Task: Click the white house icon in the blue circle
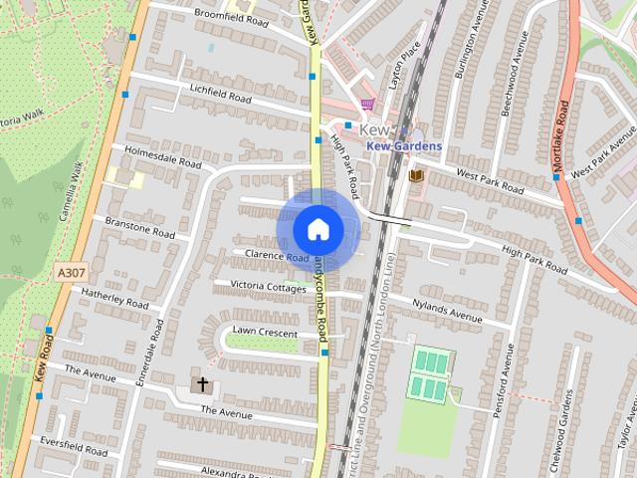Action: pyautogui.click(x=318, y=229)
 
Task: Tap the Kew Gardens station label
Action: pyautogui.click(x=404, y=146)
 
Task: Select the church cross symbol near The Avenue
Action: pyautogui.click(x=202, y=384)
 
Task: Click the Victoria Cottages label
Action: pyautogui.click(x=268, y=287)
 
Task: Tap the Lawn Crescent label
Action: pyautogui.click(x=265, y=332)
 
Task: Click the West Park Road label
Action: pyautogui.click(x=490, y=180)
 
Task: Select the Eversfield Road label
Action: pyautogui.click(x=73, y=445)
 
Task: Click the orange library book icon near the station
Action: pyautogui.click(x=416, y=176)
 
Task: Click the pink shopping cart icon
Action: pyautogui.click(x=367, y=103)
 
